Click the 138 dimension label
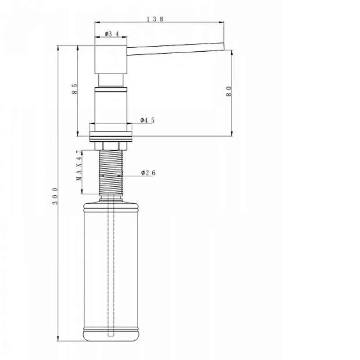coord(155,19)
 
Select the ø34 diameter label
coord(112,34)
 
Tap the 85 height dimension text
coord(75,89)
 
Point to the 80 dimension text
coord(229,91)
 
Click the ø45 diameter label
coord(148,120)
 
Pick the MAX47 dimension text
coord(79,165)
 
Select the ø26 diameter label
coord(148,173)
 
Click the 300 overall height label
coord(55,196)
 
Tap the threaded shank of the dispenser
coord(111,172)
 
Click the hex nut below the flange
coord(111,146)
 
